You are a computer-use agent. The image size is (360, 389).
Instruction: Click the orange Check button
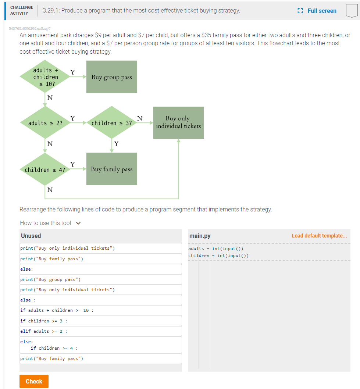tap(34, 381)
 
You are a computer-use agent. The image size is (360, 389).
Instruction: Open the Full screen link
tap(318, 11)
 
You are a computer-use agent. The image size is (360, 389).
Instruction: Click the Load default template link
tap(319, 236)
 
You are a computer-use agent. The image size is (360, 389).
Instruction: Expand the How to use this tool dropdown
tap(50, 223)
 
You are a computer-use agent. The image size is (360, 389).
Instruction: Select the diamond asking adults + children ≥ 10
tap(45, 77)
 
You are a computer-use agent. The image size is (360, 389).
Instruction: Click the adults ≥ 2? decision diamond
tap(45, 123)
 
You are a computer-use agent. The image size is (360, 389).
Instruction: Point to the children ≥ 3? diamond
tap(111, 123)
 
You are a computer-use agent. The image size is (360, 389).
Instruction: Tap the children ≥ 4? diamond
tap(45, 170)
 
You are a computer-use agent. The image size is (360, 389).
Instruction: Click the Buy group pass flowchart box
tap(111, 77)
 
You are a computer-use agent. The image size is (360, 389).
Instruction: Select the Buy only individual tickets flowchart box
tap(178, 122)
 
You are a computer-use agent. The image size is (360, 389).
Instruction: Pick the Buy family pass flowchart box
tap(111, 169)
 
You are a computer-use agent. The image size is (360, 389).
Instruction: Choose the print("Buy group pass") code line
tap(100, 279)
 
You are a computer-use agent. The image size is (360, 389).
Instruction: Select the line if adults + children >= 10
tap(100, 310)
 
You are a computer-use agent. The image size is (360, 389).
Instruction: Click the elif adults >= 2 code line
tap(100, 331)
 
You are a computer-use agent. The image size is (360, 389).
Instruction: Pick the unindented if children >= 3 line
tap(100, 321)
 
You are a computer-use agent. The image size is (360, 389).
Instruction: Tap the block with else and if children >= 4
tap(100, 345)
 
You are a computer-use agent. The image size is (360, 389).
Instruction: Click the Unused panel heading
tap(31, 236)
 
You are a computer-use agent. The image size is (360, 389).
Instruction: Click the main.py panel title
tap(200, 236)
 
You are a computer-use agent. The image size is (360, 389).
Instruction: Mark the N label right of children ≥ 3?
tap(139, 118)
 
